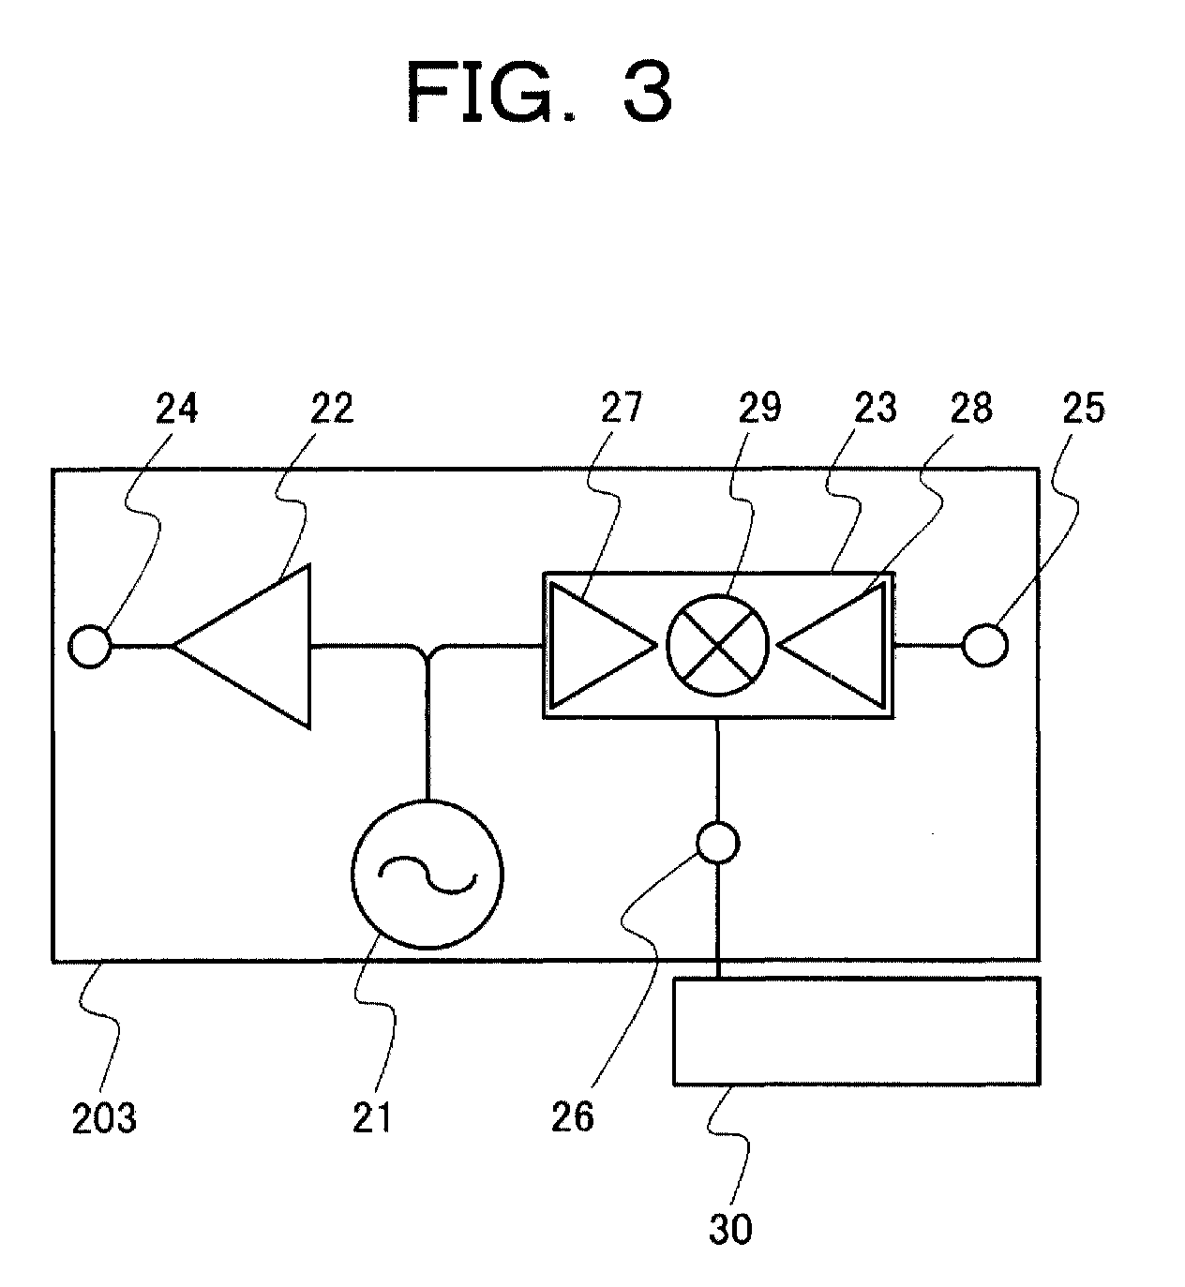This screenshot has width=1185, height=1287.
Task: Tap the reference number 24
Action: (x=176, y=408)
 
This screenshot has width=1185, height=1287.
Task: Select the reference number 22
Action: (x=332, y=408)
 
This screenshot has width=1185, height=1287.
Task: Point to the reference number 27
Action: (x=621, y=408)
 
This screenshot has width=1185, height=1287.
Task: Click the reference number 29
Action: (x=759, y=408)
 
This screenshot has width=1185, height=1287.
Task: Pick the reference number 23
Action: (x=876, y=408)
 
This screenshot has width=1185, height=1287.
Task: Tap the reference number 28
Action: (x=971, y=408)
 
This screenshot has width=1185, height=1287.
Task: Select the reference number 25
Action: (x=1084, y=408)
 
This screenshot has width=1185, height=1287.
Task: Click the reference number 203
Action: (x=104, y=1119)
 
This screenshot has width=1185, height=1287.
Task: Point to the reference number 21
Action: (x=372, y=1119)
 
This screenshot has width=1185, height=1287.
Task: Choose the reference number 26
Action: (x=573, y=1119)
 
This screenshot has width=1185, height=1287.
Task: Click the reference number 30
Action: (x=730, y=1230)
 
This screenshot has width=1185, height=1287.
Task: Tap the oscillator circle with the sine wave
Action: (x=427, y=801)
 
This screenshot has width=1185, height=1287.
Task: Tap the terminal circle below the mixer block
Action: (x=718, y=824)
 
